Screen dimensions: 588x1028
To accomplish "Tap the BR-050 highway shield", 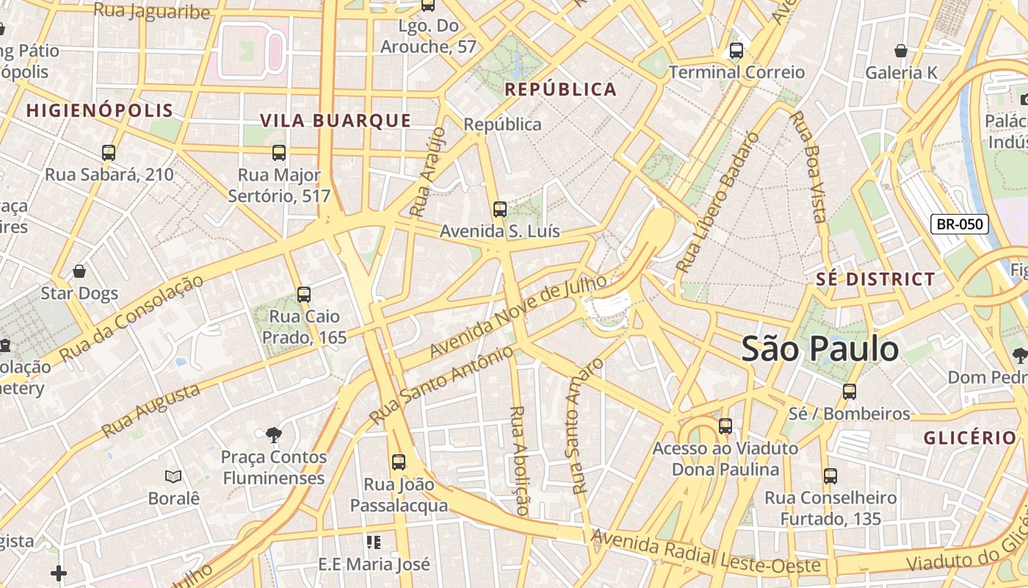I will click(x=960, y=224).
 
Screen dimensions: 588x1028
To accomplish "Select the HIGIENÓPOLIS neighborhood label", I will click(x=100, y=111).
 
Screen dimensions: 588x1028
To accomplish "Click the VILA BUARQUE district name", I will click(x=336, y=121).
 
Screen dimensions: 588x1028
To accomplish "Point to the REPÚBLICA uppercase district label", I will click(x=561, y=90).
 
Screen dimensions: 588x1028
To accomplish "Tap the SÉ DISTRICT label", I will click(x=875, y=279).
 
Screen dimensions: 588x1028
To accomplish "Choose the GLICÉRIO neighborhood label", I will click(x=969, y=438).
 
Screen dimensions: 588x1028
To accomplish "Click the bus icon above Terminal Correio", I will click(x=736, y=51).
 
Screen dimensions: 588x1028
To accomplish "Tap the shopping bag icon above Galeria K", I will click(x=901, y=51).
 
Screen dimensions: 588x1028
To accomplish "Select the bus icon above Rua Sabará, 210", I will click(x=109, y=153).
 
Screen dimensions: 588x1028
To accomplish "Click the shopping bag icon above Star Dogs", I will click(x=79, y=271).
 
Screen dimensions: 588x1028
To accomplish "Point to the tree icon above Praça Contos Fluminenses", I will click(x=274, y=434).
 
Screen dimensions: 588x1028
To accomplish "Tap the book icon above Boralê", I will click(x=173, y=476).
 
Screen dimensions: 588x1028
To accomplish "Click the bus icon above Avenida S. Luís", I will click(x=500, y=209).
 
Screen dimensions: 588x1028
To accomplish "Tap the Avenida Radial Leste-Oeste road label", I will click(x=706, y=553).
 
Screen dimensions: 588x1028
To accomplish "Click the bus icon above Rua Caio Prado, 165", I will click(x=304, y=295).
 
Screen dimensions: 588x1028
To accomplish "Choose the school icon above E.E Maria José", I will click(x=374, y=542).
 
